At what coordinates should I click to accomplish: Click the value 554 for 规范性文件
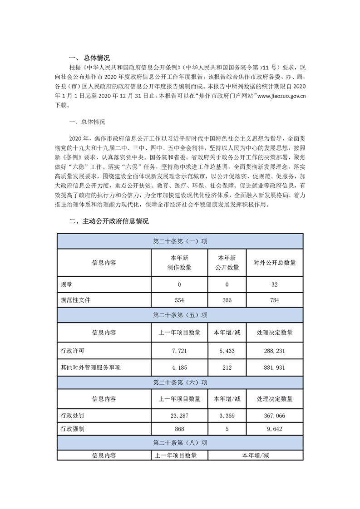click(x=179, y=300)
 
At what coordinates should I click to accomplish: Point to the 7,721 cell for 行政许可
click(x=179, y=351)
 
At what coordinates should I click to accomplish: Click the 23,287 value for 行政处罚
click(x=179, y=416)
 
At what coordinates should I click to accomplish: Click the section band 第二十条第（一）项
click(x=180, y=241)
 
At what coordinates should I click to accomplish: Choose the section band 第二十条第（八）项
click(x=180, y=442)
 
